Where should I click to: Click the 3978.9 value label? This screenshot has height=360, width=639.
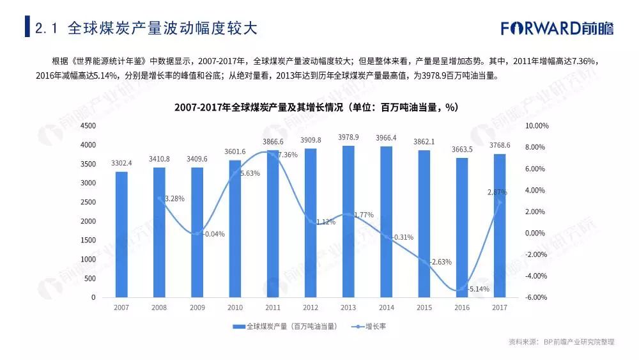[x=348, y=137]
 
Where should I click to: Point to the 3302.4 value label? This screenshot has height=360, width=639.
[x=121, y=163]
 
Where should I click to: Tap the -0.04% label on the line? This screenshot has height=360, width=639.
[x=213, y=234]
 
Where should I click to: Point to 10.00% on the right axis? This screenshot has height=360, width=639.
[x=536, y=126]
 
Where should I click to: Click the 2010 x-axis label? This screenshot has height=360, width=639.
[x=235, y=308]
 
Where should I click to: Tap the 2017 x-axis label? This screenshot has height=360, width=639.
[x=500, y=308]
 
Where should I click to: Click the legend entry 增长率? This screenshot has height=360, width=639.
[x=376, y=326]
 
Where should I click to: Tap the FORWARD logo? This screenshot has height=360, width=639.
[x=557, y=29]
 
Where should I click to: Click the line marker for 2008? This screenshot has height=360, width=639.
[x=159, y=198]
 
